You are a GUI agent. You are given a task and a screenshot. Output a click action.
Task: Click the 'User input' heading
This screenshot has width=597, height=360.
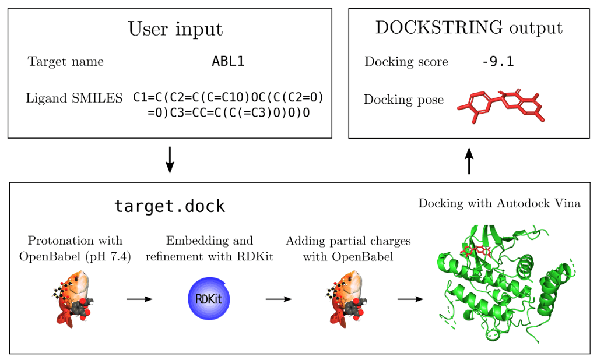tap(175, 29)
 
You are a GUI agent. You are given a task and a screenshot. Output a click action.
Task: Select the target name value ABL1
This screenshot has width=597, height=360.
tap(228, 62)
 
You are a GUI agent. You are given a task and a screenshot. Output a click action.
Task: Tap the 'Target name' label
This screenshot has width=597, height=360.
tap(66, 62)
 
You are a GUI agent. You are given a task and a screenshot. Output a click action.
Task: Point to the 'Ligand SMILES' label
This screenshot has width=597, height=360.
tap(74, 98)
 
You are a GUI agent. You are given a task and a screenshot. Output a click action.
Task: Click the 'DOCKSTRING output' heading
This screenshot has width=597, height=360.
tap(469, 28)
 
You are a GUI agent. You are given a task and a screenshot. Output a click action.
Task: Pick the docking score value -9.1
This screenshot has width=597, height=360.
tap(498, 62)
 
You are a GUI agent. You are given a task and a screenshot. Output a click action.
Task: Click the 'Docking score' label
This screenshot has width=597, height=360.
tap(406, 62)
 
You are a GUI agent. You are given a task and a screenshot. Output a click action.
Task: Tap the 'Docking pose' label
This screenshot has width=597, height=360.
tap(403, 100)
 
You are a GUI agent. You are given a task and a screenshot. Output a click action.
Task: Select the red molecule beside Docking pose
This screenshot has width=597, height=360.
tap(501, 105)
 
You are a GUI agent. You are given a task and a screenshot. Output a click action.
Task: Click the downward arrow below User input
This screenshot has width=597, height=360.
tap(170, 160)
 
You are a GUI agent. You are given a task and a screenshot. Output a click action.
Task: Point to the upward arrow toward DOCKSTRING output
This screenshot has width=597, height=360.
tap(469, 160)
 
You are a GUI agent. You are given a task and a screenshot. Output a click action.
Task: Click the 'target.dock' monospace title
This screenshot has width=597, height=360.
tap(170, 206)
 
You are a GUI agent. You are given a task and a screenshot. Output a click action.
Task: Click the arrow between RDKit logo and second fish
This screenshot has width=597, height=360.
tap(278, 299)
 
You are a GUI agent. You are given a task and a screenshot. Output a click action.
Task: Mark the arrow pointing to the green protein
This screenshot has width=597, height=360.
tap(410, 299)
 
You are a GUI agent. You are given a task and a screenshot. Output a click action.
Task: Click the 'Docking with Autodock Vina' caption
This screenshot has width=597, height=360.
tap(499, 203)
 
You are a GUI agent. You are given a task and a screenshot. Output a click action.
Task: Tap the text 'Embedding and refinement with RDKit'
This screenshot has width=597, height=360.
tap(209, 248)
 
